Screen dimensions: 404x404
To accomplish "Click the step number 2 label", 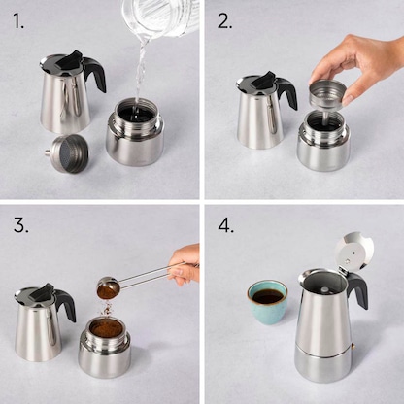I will [224, 20].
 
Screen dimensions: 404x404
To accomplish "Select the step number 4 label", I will [226, 226].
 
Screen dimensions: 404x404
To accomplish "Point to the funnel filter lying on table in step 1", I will [69, 153].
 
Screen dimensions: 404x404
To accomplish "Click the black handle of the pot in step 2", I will [286, 92].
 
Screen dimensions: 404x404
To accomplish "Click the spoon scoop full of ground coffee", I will [108, 287].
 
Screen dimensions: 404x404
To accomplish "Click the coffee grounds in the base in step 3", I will [106, 328].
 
